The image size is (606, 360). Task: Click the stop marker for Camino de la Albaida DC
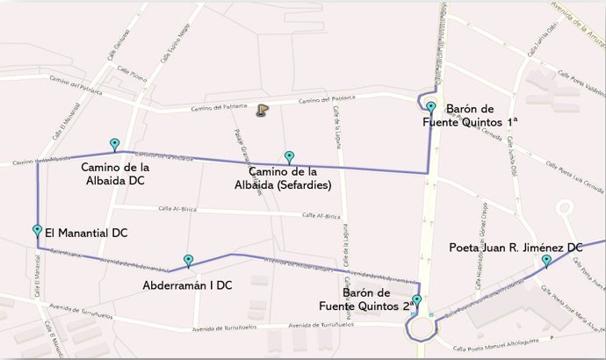(x=114, y=144)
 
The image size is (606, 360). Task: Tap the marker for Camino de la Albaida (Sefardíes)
(x=289, y=157)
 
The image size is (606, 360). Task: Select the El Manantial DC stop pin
(x=37, y=231)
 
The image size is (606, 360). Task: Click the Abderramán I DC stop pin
(x=188, y=261)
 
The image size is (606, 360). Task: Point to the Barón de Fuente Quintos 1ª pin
(x=431, y=108)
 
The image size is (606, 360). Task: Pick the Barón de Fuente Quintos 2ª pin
(x=417, y=301)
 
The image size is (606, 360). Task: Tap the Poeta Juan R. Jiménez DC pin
(x=546, y=261)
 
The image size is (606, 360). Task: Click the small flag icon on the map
(x=261, y=112)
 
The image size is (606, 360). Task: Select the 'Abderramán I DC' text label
(x=187, y=285)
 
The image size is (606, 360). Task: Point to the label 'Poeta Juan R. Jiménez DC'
(x=516, y=248)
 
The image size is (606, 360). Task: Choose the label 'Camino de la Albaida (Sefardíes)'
(x=289, y=178)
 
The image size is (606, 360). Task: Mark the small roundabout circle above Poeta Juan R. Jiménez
(x=564, y=209)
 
